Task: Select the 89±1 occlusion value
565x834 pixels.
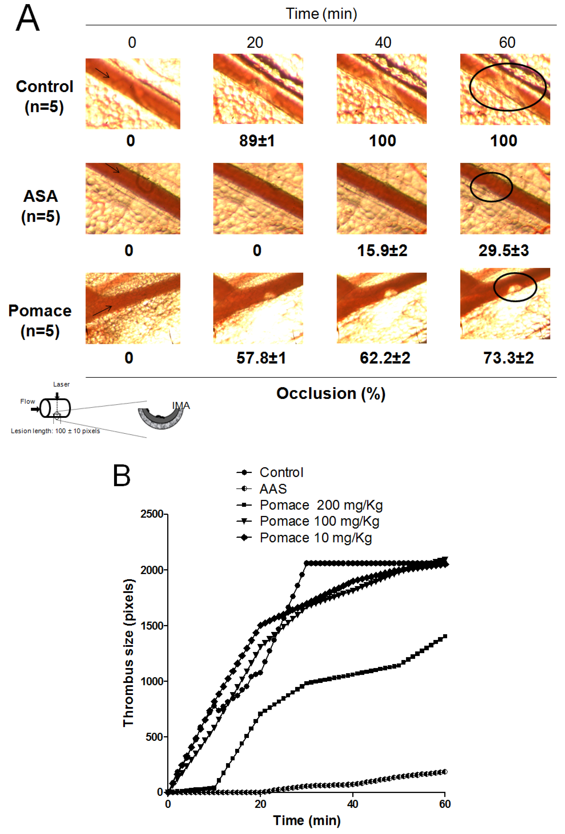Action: coord(257,141)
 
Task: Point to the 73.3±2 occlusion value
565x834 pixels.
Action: coord(508,358)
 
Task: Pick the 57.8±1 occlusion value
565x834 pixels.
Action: coord(261,358)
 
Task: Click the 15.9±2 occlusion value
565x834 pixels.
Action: coord(382,250)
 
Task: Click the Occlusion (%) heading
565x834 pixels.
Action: coord(331,393)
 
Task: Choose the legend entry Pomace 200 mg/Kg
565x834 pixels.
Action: coord(321,505)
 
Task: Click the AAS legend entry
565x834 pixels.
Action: coord(273,489)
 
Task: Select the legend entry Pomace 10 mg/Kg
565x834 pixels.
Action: coord(316,538)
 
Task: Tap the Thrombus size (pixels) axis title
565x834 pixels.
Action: coord(128,655)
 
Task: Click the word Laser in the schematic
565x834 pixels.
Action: coord(61,384)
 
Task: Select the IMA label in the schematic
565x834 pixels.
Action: coord(181,406)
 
